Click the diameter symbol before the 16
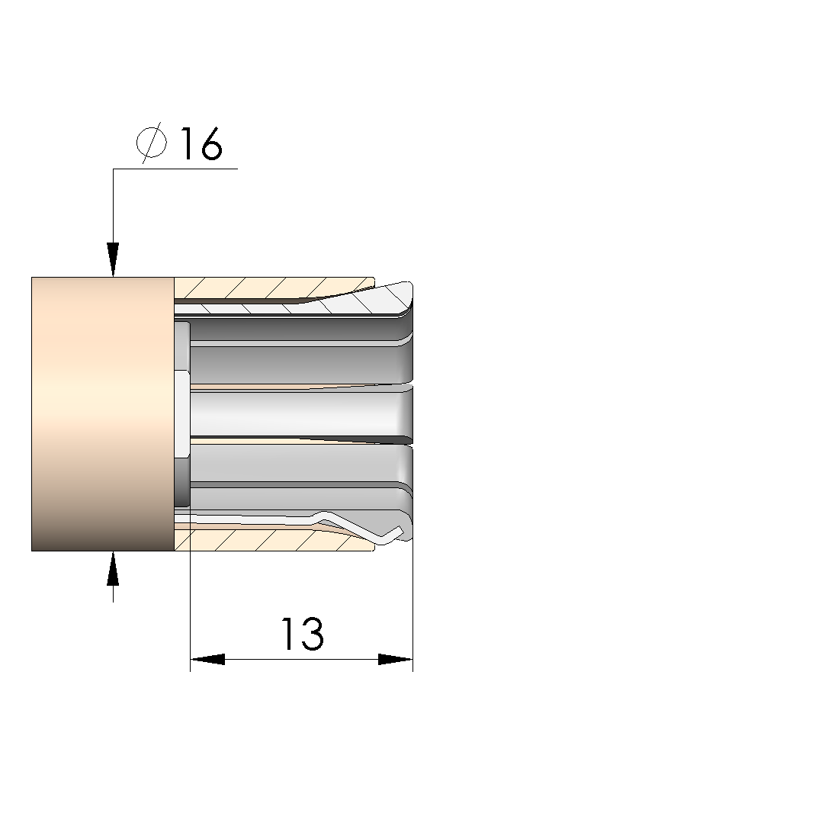coord(152,142)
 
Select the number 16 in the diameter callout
coord(201,143)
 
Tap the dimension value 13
coord(303,634)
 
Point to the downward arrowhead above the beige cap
coord(113,259)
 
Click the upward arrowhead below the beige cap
coord(113,568)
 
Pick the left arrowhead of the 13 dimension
coord(207,659)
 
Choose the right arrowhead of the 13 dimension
coord(396,659)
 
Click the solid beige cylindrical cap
coord(103,414)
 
